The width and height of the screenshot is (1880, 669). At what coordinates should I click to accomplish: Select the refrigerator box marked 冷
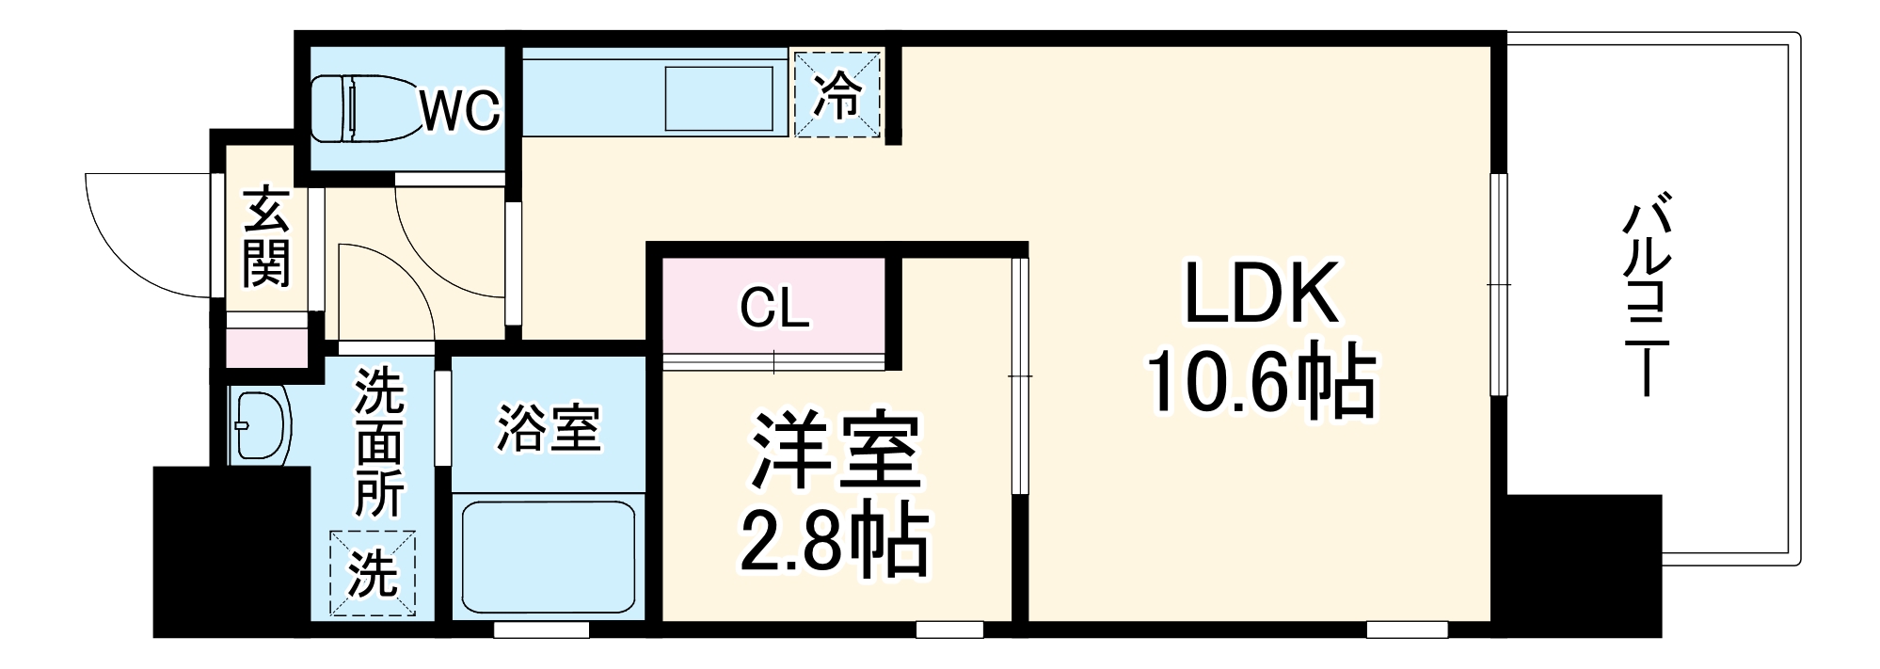point(837,94)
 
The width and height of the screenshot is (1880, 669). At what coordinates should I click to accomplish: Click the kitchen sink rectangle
point(720,97)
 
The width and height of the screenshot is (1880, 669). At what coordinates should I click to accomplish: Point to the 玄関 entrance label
point(266,239)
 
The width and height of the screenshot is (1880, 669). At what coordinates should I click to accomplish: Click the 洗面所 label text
point(379,442)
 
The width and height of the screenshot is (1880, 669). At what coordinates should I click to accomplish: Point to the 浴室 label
point(548,428)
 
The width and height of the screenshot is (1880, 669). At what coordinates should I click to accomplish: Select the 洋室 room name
point(834,452)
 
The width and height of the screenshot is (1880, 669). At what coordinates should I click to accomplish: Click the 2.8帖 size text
point(834,544)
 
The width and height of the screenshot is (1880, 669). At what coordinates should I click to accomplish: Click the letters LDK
point(1261,294)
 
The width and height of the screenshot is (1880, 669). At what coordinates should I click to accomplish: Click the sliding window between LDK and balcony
point(1499,282)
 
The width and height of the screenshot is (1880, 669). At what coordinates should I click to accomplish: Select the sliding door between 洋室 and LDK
point(1020,376)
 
